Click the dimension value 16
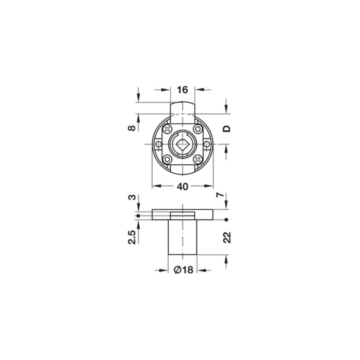click(183, 90)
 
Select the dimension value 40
click(183, 187)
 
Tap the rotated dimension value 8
click(132, 128)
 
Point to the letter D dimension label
click(227, 129)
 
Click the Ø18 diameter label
click(184, 270)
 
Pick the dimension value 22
click(227, 238)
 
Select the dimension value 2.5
click(132, 237)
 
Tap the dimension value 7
click(220, 195)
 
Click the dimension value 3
click(132, 197)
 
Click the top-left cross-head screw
click(167, 129)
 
